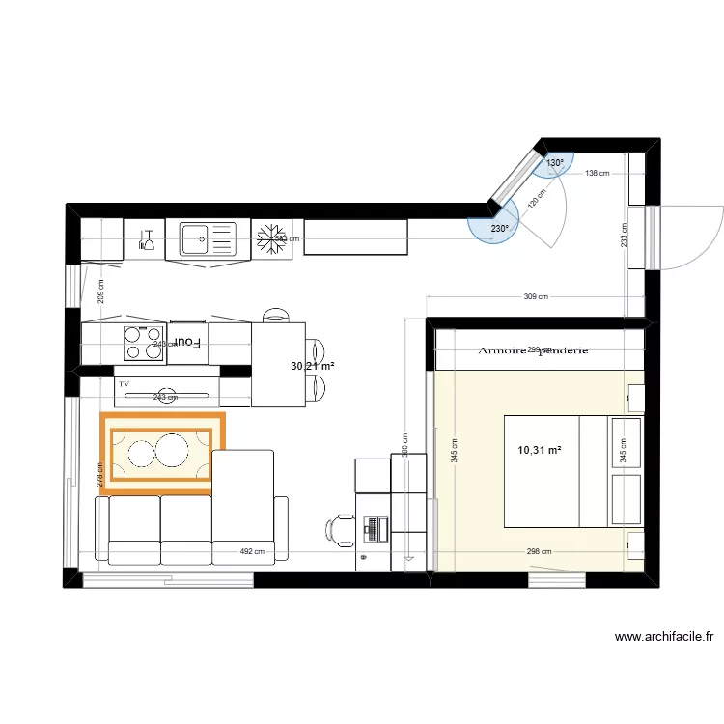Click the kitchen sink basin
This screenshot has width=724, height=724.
[195, 234]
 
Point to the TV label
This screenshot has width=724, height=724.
[124, 384]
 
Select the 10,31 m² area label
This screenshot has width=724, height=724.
[540, 449]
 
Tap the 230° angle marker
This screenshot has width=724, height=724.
[499, 229]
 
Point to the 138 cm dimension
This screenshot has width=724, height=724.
[598, 174]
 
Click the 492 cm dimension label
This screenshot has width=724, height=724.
[252, 552]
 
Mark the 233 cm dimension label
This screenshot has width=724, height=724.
[625, 236]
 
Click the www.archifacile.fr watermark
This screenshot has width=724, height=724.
[663, 637]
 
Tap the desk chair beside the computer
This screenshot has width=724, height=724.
[340, 529]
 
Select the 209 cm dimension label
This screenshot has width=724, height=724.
[100, 289]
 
